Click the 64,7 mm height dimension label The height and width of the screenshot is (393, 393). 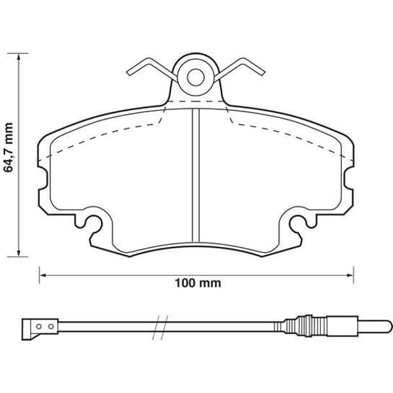click(x=9, y=147)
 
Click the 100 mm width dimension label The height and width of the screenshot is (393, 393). click(x=198, y=283)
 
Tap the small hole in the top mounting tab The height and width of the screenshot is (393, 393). click(x=196, y=77)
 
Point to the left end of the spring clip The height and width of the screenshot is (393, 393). click(x=128, y=73)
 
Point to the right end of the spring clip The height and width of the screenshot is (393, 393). click(x=263, y=73)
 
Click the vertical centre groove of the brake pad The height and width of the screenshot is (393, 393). click(x=195, y=176)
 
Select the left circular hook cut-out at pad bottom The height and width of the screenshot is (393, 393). click(x=93, y=224)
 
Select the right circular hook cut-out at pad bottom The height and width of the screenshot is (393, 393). click(x=299, y=224)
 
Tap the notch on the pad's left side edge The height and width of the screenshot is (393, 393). click(x=43, y=178)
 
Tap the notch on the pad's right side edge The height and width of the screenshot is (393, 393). click(x=348, y=178)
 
